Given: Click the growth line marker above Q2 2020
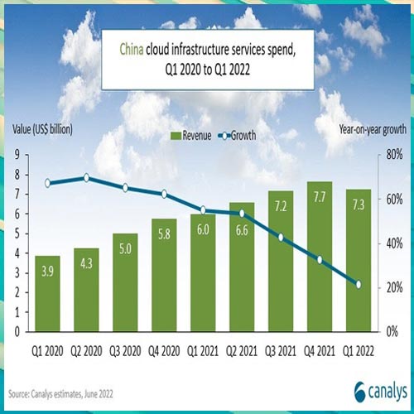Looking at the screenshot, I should (x=87, y=178).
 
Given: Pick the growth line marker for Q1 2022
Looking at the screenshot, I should (x=358, y=284).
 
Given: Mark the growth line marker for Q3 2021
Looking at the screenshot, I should (x=280, y=237).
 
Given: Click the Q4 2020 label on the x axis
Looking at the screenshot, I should (x=164, y=349).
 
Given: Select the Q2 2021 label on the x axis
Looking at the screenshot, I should (x=241, y=349).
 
